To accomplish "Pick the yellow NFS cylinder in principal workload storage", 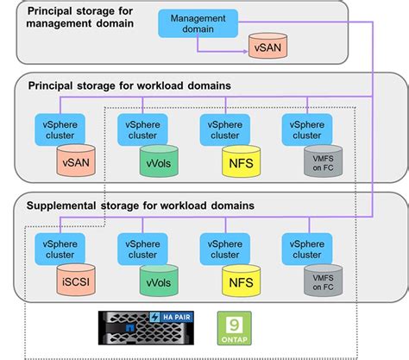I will click(240, 160).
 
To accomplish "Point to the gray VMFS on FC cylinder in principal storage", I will click(321, 160).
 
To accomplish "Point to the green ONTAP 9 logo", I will click(234, 327).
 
